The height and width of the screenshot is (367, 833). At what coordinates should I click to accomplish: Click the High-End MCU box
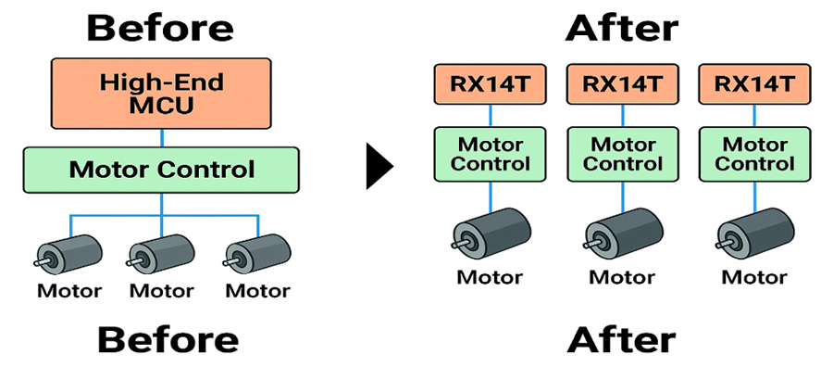tap(162, 94)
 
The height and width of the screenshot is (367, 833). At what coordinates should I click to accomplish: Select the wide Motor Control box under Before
tap(162, 170)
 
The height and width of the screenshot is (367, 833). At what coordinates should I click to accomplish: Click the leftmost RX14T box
tap(491, 84)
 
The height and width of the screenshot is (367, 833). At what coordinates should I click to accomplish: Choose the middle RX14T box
tap(622, 84)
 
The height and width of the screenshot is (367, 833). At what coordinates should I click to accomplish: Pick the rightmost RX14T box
tap(753, 84)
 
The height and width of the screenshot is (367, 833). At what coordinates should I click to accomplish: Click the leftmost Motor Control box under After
tap(491, 154)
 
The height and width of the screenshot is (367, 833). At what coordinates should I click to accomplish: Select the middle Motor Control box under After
tap(622, 154)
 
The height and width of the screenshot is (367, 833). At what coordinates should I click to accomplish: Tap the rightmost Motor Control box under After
tap(753, 154)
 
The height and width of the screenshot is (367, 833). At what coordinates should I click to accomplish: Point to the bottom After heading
tap(621, 340)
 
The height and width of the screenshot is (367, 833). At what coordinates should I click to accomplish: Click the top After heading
tap(621, 28)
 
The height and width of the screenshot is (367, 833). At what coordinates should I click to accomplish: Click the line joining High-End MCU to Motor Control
tap(162, 137)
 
